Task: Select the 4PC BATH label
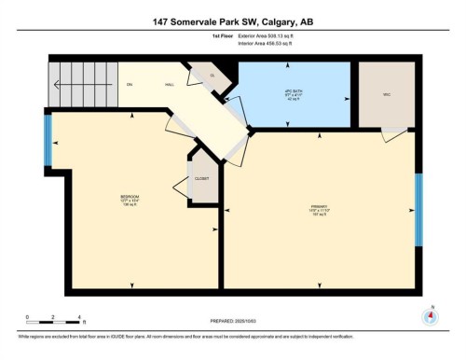point(295,94)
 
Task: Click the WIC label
point(386,94)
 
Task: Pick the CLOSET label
point(202,178)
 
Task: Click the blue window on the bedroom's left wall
point(48,138)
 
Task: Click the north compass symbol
point(430,314)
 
